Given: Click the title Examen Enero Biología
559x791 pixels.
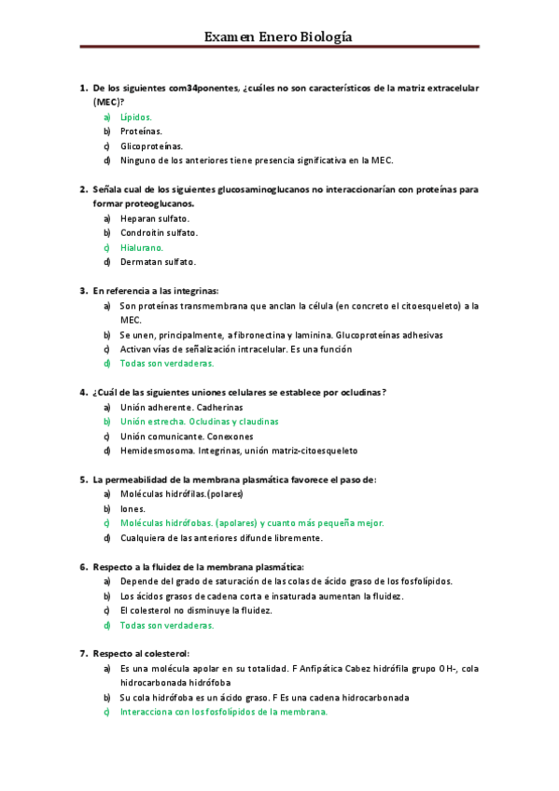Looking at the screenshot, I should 278,36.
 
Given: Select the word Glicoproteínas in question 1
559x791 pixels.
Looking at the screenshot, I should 151,146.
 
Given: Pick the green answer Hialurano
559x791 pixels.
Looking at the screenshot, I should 141,247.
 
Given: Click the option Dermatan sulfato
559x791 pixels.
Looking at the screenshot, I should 158,262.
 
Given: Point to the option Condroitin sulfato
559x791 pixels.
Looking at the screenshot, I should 159,232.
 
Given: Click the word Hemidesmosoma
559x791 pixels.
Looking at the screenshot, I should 156,451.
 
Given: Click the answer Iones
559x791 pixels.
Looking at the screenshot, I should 133,508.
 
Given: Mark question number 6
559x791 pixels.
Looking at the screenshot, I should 83,566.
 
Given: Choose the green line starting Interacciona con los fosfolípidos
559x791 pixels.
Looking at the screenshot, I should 224,712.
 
